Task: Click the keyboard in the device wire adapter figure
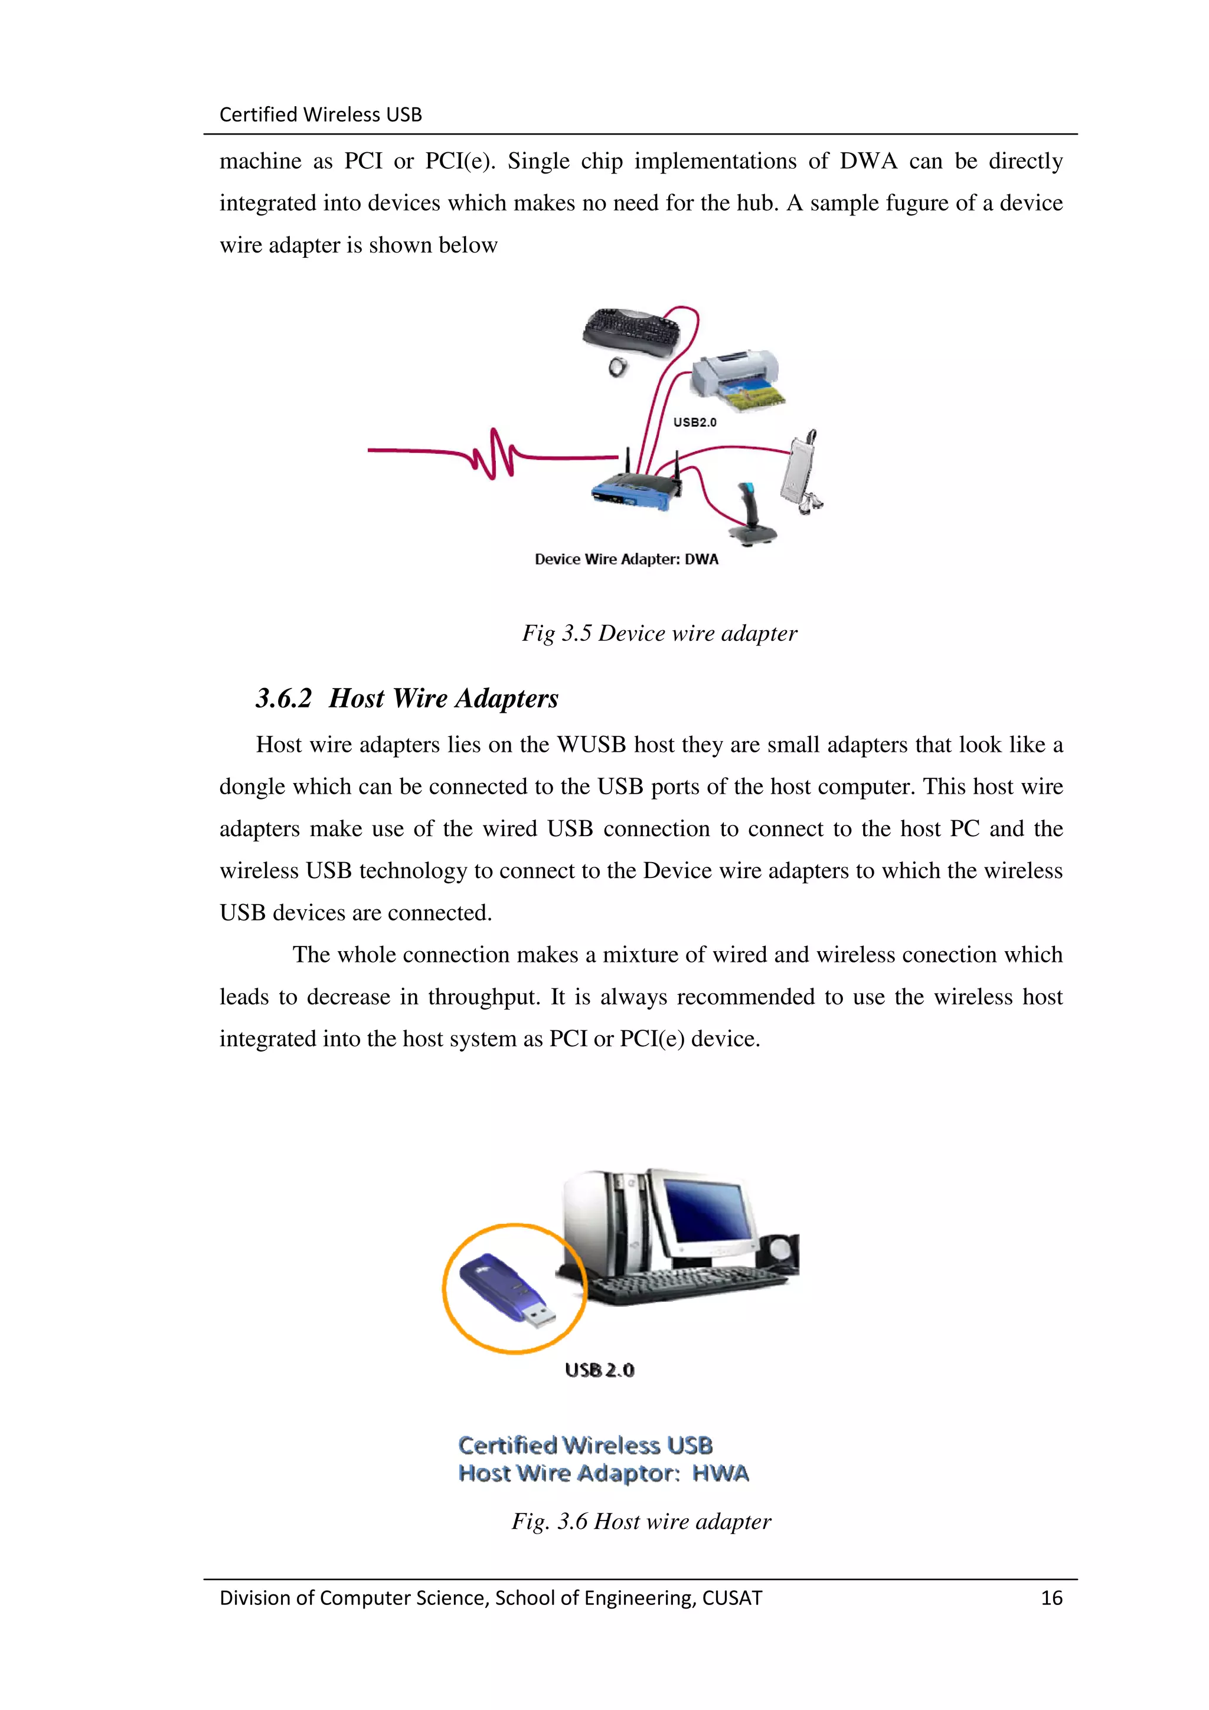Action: pyautogui.click(x=631, y=332)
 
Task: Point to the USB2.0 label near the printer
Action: pyautogui.click(x=694, y=422)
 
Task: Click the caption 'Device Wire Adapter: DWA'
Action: pyautogui.click(x=626, y=559)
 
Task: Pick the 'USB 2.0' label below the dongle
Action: pyautogui.click(x=600, y=1370)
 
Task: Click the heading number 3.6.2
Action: pyautogui.click(x=283, y=699)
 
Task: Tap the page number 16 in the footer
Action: pyautogui.click(x=1051, y=1597)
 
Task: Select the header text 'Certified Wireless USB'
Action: pyautogui.click(x=321, y=114)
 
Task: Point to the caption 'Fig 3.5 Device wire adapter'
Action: pyautogui.click(x=659, y=633)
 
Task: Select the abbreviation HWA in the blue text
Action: pyautogui.click(x=720, y=1473)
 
